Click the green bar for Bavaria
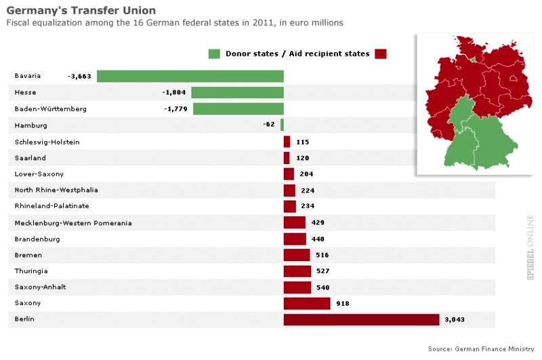(x=190, y=76)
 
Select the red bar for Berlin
(x=361, y=319)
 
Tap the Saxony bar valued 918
(x=307, y=303)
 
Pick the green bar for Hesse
(x=237, y=92)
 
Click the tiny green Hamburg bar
(x=282, y=125)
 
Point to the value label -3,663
(x=79, y=76)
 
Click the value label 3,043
(x=455, y=319)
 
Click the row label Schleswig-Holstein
(x=47, y=142)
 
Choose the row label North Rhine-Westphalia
(x=56, y=190)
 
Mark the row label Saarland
(x=31, y=157)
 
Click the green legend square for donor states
(x=215, y=54)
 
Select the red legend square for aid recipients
(x=380, y=54)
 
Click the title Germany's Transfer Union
(x=81, y=10)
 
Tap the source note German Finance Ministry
(x=486, y=348)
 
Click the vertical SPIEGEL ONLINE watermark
(x=530, y=247)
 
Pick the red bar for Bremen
(x=297, y=255)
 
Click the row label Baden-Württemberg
(x=51, y=108)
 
